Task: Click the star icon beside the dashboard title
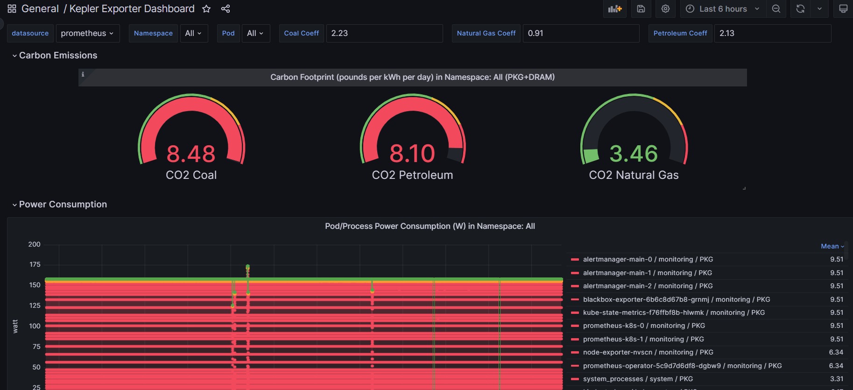pos(206,9)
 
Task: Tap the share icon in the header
pos(226,9)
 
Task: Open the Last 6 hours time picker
pos(723,9)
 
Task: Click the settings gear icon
pos(665,9)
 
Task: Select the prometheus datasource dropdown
pos(87,33)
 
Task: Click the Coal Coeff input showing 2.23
pos(384,33)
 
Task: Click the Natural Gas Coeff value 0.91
pos(580,33)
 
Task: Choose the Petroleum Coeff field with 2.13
pos(772,33)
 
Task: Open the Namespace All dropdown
pos(193,33)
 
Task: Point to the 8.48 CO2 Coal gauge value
pos(191,154)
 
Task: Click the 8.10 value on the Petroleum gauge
pos(412,154)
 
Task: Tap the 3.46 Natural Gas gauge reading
pos(634,154)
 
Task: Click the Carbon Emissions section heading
pos(58,55)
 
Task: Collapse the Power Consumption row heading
pos(63,204)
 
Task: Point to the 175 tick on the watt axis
pos(35,264)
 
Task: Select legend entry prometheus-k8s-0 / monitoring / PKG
pos(644,326)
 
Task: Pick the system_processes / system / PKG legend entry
pos(638,379)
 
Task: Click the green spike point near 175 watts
pos(247,267)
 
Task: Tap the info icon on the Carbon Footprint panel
pos(83,74)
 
